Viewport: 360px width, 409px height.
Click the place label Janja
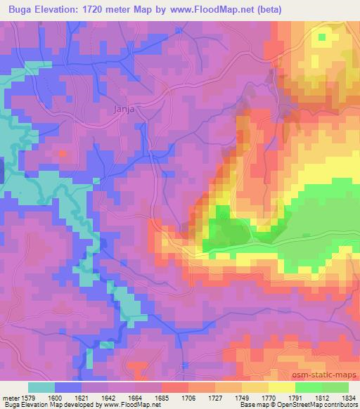coord(123,109)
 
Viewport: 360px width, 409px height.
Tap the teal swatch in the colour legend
coord(41,387)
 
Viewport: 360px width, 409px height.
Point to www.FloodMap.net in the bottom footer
coord(131,405)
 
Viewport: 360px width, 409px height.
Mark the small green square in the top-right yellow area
coord(323,37)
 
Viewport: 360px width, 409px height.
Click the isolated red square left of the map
coord(63,152)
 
